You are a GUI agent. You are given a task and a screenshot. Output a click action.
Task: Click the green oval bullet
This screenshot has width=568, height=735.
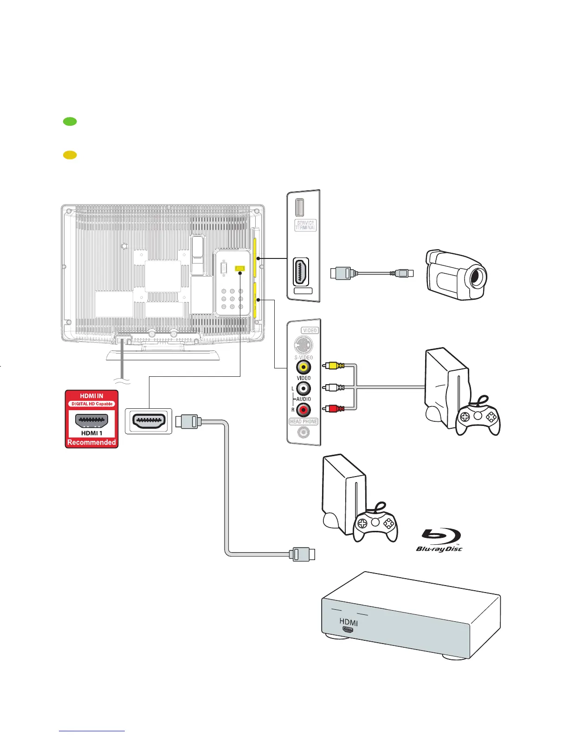(70, 122)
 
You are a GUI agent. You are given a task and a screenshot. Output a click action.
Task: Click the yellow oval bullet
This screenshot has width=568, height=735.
(70, 155)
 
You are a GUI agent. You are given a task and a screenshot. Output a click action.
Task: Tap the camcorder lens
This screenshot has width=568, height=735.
(477, 278)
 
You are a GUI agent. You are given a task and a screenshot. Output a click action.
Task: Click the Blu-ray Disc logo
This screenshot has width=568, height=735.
(439, 540)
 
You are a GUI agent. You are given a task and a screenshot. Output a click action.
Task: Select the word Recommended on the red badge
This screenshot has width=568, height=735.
(91, 442)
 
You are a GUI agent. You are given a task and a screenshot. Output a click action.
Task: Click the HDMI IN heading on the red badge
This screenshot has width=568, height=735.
(91, 396)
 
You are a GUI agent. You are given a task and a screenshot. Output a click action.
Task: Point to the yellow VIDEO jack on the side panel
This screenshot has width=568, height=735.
(303, 367)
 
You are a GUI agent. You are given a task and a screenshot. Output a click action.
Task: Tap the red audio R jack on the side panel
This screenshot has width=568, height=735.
(303, 410)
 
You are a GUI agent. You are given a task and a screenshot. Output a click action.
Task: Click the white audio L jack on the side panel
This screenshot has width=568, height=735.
(303, 388)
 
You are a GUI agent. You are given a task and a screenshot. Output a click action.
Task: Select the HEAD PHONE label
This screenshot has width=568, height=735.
(303, 421)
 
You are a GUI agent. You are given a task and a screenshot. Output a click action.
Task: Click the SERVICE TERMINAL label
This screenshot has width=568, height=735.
(305, 226)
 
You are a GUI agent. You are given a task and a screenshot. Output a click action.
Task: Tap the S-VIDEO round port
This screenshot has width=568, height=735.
(303, 345)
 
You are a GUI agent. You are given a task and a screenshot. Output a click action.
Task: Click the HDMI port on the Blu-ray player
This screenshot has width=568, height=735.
(347, 630)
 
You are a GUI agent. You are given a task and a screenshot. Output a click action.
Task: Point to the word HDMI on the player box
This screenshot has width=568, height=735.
(349, 622)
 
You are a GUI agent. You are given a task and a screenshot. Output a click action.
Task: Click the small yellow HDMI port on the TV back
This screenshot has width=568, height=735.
(239, 269)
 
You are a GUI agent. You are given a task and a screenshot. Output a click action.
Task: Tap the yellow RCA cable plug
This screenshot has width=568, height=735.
(333, 366)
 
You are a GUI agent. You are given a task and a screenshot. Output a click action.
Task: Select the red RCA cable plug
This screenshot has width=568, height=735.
(333, 409)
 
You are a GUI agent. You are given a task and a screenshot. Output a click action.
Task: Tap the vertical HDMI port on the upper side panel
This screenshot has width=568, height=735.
(301, 272)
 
